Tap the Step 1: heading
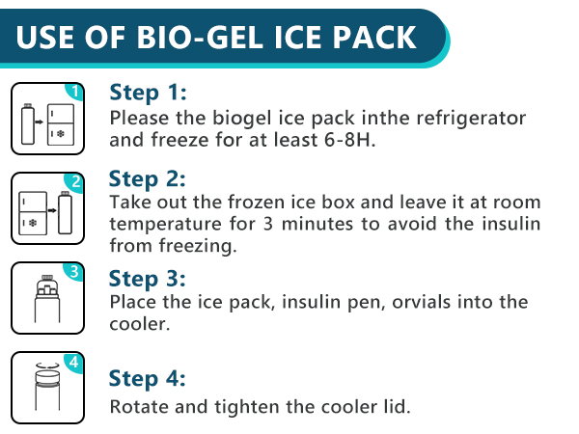pyautogui.click(x=148, y=93)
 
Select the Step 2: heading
pyautogui.click(x=148, y=179)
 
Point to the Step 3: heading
pyautogui.click(x=148, y=279)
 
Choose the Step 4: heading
pyautogui.click(x=148, y=377)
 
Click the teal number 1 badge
pyautogui.click(x=76, y=93)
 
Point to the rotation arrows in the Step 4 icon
pyautogui.click(x=45, y=366)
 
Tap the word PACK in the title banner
pyautogui.click(x=377, y=38)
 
